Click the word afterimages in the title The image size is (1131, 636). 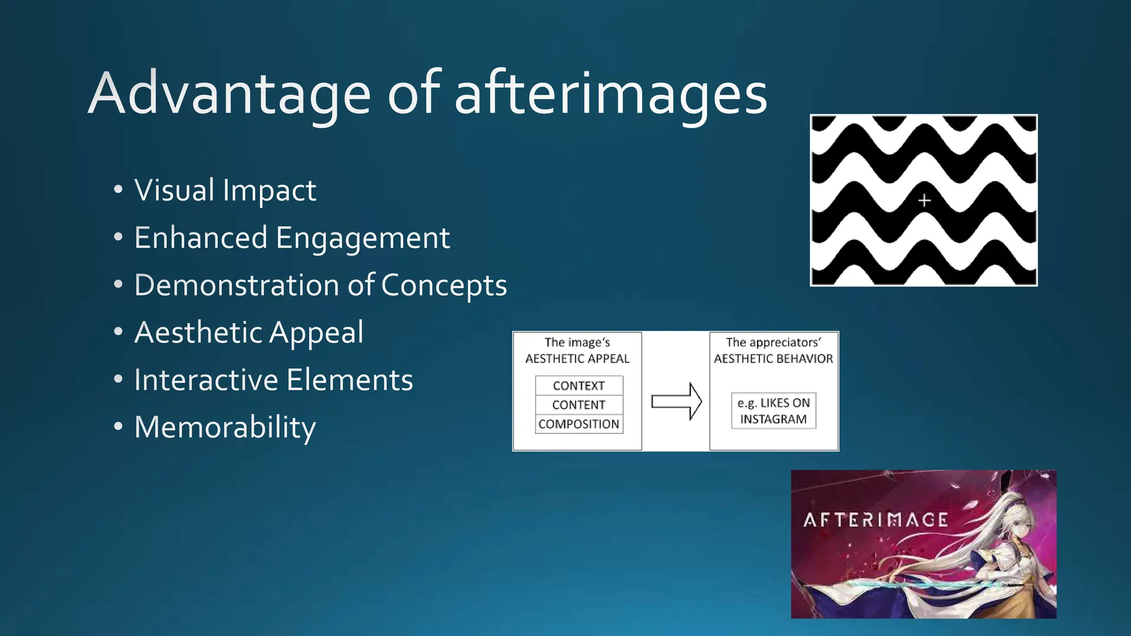tap(611, 94)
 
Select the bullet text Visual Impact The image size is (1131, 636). tap(225, 190)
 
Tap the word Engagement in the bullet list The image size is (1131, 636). tap(362, 238)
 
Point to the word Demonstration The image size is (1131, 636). tap(236, 285)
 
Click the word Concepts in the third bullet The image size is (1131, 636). tap(443, 285)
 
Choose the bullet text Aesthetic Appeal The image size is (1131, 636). tap(249, 333)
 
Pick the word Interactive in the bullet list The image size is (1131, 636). tap(205, 380)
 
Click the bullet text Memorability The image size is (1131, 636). tap(225, 428)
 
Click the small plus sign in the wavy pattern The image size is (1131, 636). tap(924, 200)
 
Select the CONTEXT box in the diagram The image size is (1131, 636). tap(579, 386)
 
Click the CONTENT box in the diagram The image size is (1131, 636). tap(579, 405)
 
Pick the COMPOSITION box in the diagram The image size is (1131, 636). tap(579, 424)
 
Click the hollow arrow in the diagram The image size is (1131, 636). tap(677, 401)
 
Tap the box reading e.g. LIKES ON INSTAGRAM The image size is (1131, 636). tap(774, 411)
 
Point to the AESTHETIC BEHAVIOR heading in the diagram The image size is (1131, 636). tap(773, 359)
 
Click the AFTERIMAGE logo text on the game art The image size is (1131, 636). tap(875, 520)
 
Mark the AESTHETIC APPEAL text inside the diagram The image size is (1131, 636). tap(577, 359)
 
